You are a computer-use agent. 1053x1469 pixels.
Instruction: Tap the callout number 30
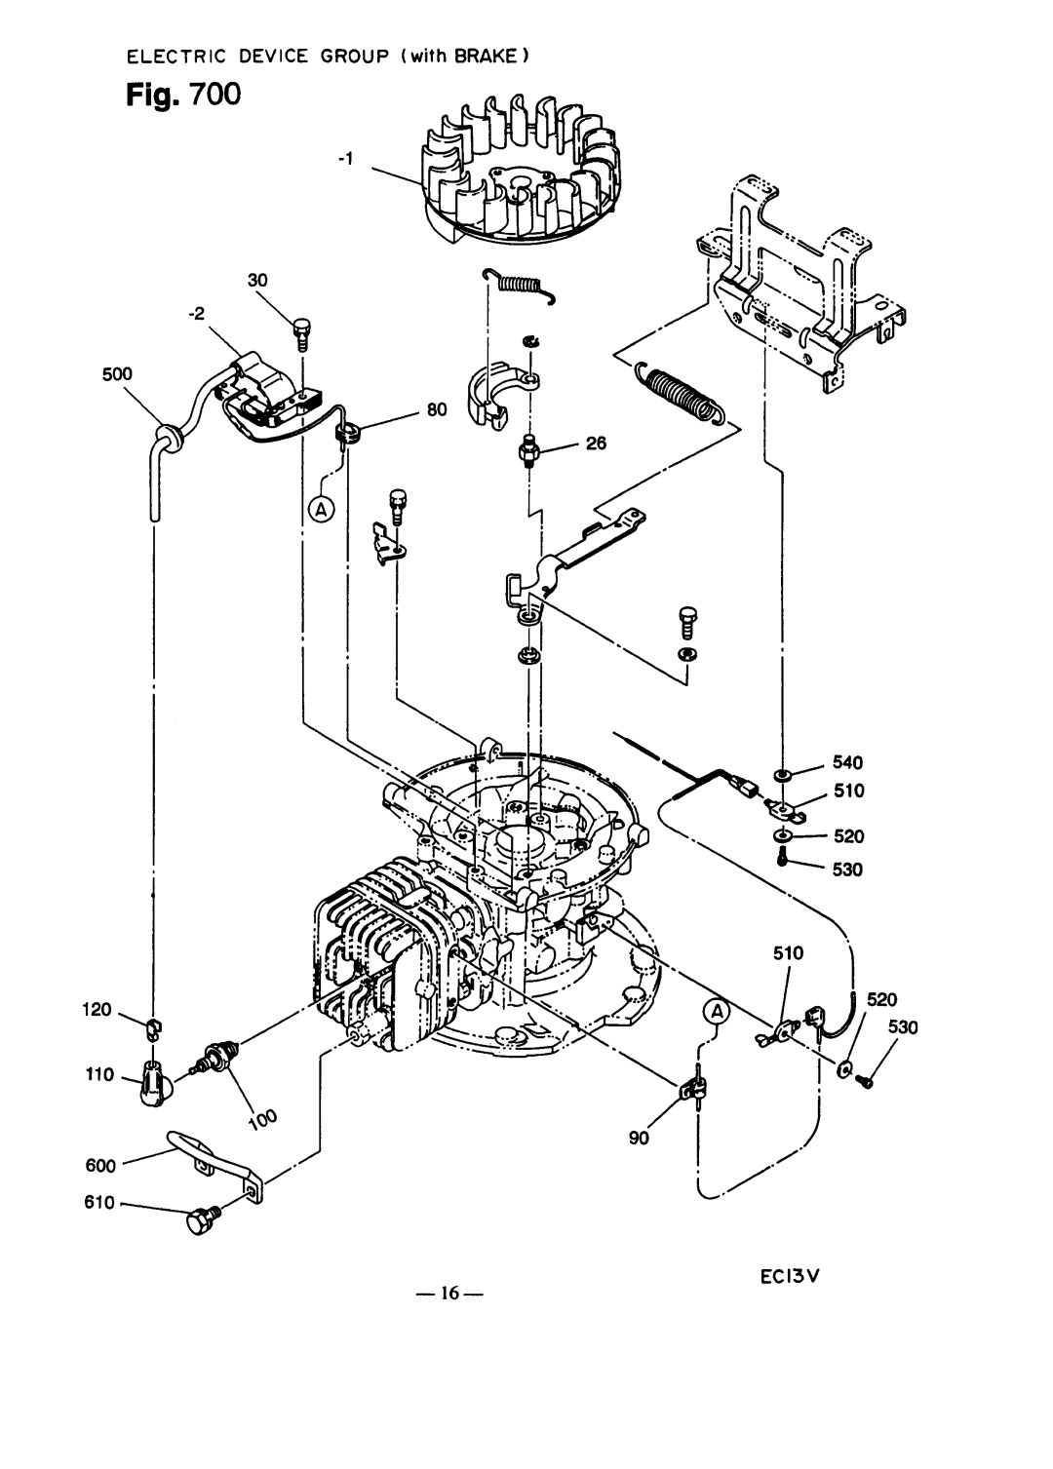click(257, 280)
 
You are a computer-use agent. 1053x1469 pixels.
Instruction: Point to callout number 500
click(117, 374)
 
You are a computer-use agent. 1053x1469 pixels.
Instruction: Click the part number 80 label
click(437, 409)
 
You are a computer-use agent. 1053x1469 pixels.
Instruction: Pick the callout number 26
click(596, 444)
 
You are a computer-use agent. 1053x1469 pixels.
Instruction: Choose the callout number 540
click(847, 762)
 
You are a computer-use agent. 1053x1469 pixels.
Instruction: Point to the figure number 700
click(215, 95)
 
